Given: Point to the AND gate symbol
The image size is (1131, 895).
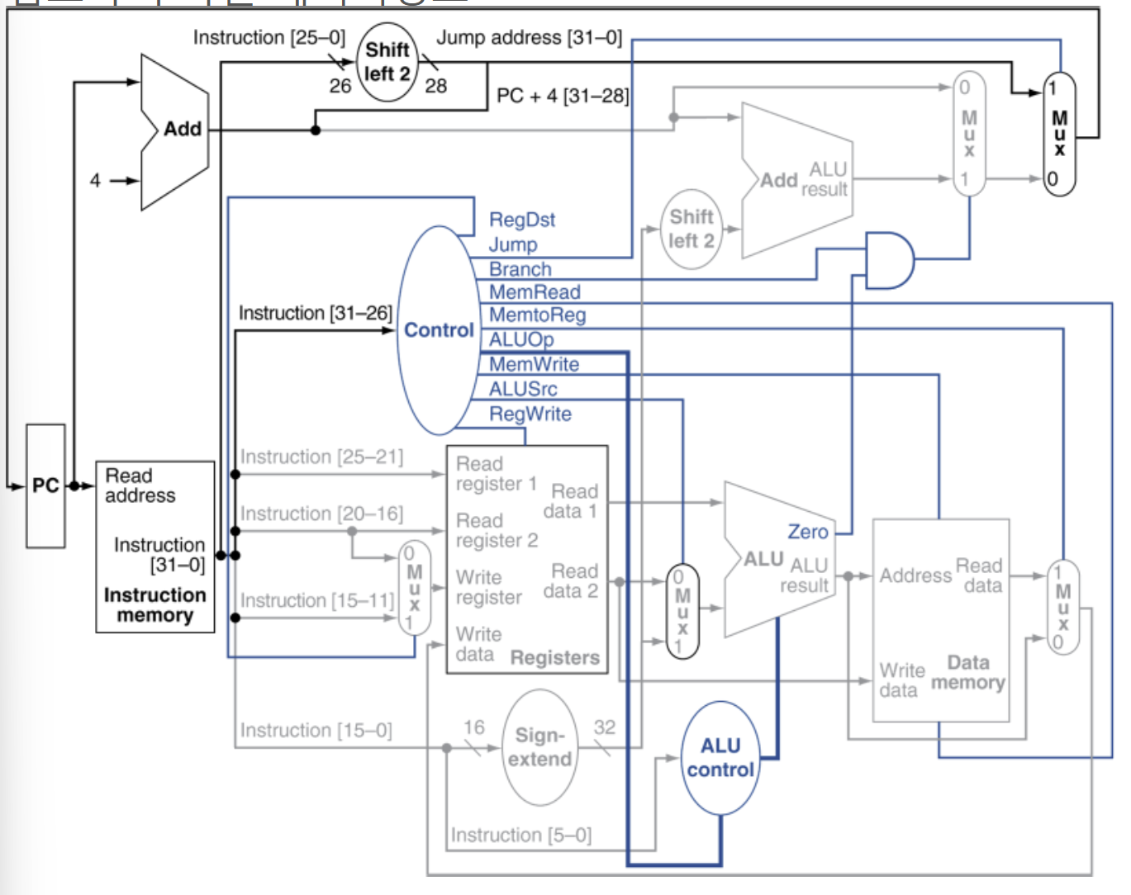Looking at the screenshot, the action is (890, 261).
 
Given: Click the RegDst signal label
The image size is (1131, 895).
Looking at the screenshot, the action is (522, 220).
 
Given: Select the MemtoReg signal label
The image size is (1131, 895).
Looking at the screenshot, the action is (537, 315).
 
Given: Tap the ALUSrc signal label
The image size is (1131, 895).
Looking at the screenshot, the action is (523, 389).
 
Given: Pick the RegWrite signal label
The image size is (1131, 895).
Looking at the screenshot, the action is (530, 414).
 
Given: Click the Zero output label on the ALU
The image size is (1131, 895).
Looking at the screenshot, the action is (808, 532).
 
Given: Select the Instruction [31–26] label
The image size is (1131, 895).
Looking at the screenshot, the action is (316, 313).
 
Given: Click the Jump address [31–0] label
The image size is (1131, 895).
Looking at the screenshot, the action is (530, 38).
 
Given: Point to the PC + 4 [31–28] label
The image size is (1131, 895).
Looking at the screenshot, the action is (563, 96).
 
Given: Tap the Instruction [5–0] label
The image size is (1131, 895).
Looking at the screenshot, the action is (520, 835).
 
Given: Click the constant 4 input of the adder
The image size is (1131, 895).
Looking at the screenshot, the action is (95, 181).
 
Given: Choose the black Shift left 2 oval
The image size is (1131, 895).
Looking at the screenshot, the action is (387, 62).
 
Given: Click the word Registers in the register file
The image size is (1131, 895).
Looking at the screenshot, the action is (555, 657).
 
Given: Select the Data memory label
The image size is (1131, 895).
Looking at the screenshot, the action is (968, 672).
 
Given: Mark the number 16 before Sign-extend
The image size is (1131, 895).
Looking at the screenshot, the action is (473, 727).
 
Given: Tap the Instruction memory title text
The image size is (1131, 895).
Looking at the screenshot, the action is (155, 605).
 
